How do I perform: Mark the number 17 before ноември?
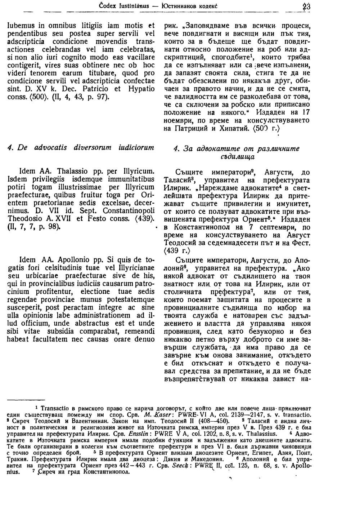pyautogui.click(x=305, y=112)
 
